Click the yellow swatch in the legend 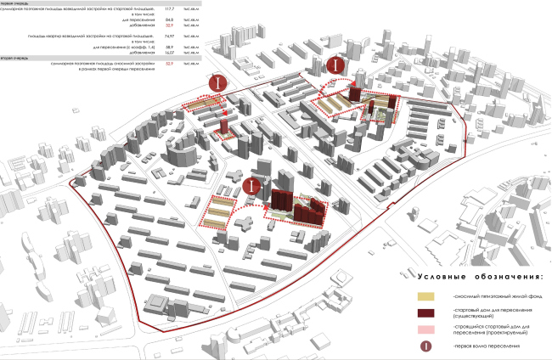(425, 296)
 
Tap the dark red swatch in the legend (425, 313)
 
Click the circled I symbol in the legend (425, 346)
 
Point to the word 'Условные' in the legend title (441, 277)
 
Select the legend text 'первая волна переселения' (484, 347)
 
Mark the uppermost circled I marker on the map (338, 65)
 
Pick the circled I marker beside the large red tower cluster (251, 186)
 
